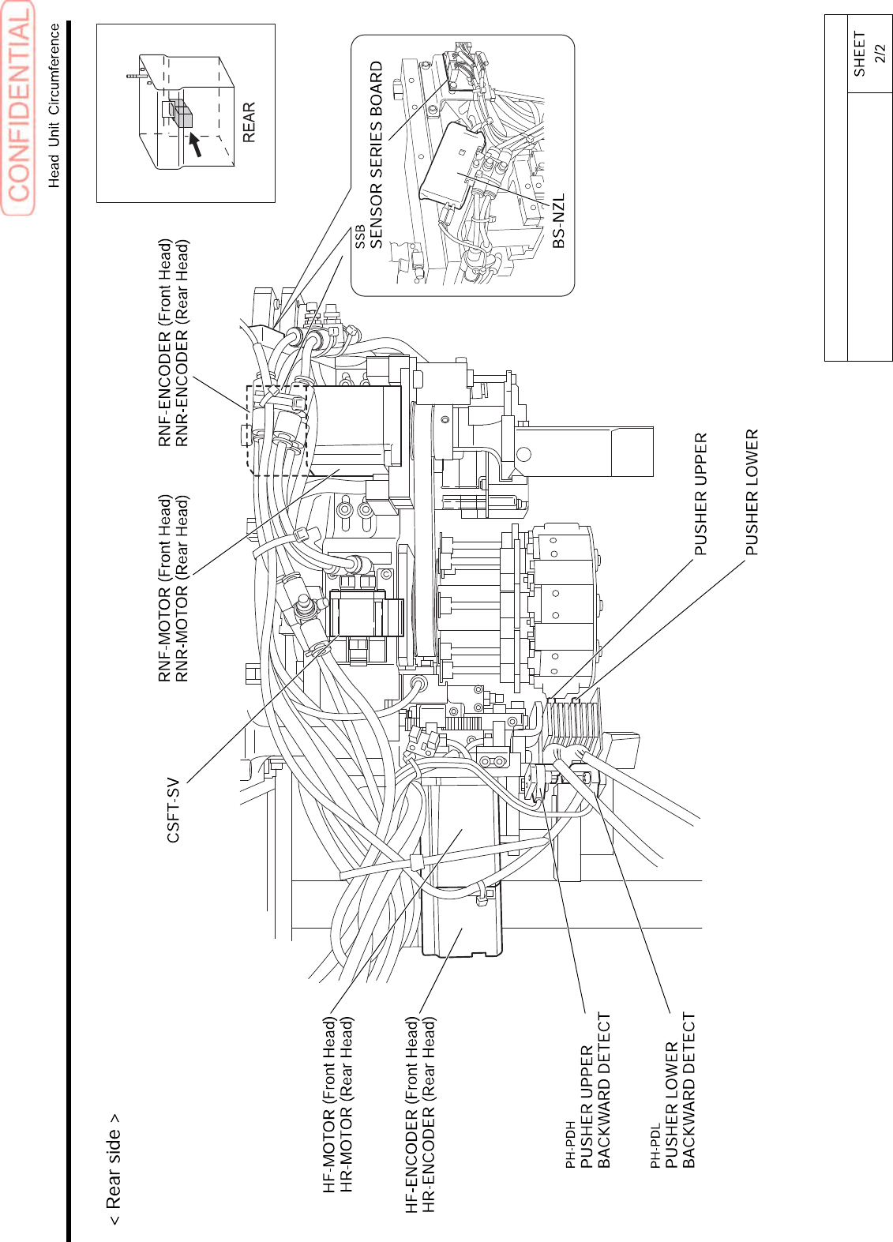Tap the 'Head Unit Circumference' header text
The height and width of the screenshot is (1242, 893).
[54, 105]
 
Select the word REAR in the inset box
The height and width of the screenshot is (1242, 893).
[249, 122]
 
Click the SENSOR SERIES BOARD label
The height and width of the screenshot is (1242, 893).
[377, 155]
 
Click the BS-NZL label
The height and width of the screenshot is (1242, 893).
[558, 221]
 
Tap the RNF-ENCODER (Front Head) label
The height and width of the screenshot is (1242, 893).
[165, 343]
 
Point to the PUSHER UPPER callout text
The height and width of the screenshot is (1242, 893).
[700, 493]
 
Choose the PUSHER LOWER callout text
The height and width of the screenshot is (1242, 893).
[752, 492]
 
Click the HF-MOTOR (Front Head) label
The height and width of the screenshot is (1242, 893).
[330, 1105]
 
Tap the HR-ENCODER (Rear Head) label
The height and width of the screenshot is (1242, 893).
[429, 1114]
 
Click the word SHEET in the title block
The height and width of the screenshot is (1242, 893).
[859, 54]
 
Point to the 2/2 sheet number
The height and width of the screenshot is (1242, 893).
[880, 54]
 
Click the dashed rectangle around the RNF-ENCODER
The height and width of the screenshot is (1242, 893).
[277, 430]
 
